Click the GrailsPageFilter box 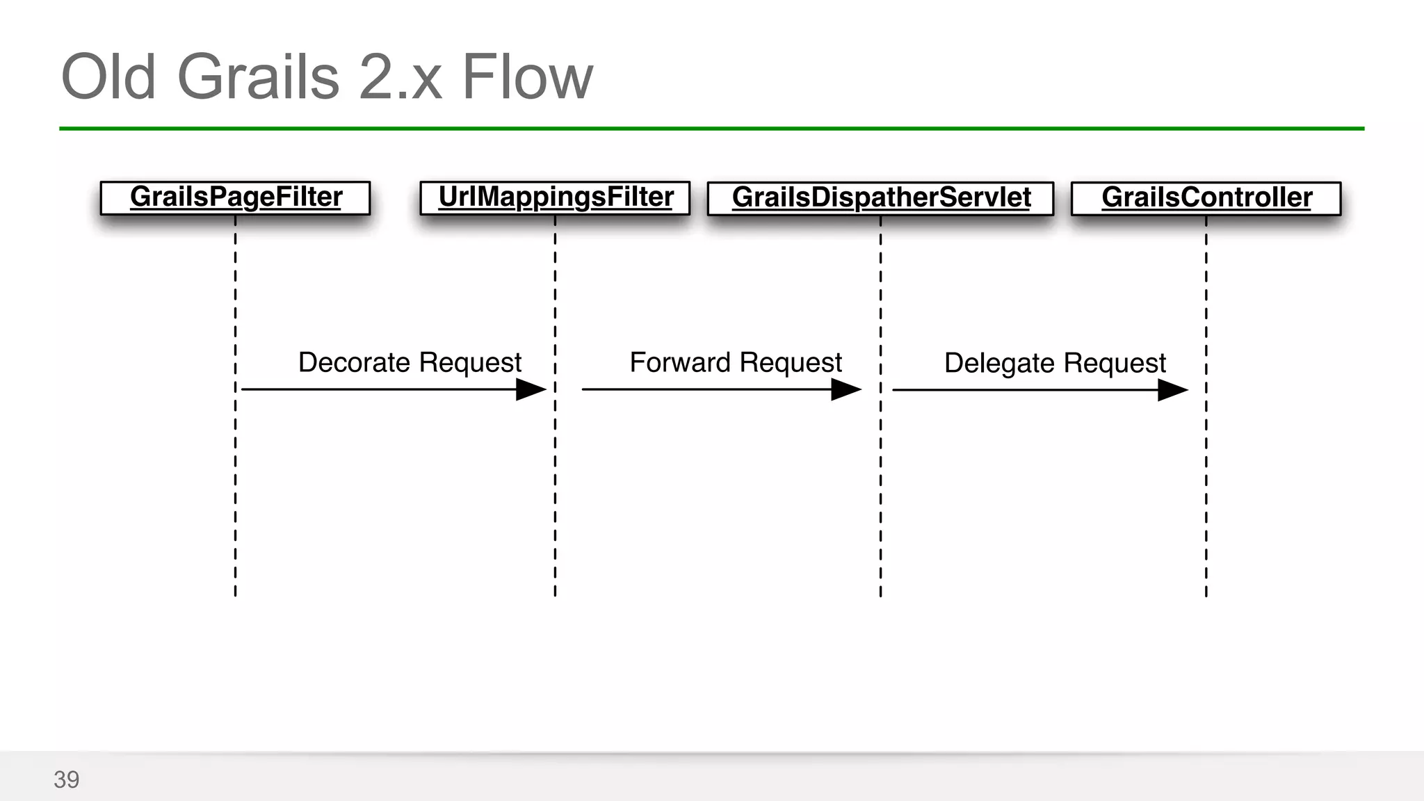[x=235, y=198]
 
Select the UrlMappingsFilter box [x=555, y=198]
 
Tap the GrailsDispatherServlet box [x=880, y=199]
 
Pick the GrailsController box [x=1206, y=199]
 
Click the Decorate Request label [x=410, y=362]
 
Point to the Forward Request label [x=736, y=362]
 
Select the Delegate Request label [x=1055, y=363]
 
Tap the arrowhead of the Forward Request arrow [x=846, y=389]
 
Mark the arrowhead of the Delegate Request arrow [x=1172, y=390]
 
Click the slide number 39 [x=67, y=779]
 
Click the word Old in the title [x=108, y=77]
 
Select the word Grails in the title [x=258, y=77]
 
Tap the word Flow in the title [x=527, y=77]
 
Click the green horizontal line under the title [x=711, y=129]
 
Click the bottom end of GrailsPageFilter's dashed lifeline [x=235, y=592]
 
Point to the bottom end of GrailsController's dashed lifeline [x=1206, y=592]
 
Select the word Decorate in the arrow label [x=354, y=362]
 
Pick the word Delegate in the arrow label [x=999, y=363]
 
